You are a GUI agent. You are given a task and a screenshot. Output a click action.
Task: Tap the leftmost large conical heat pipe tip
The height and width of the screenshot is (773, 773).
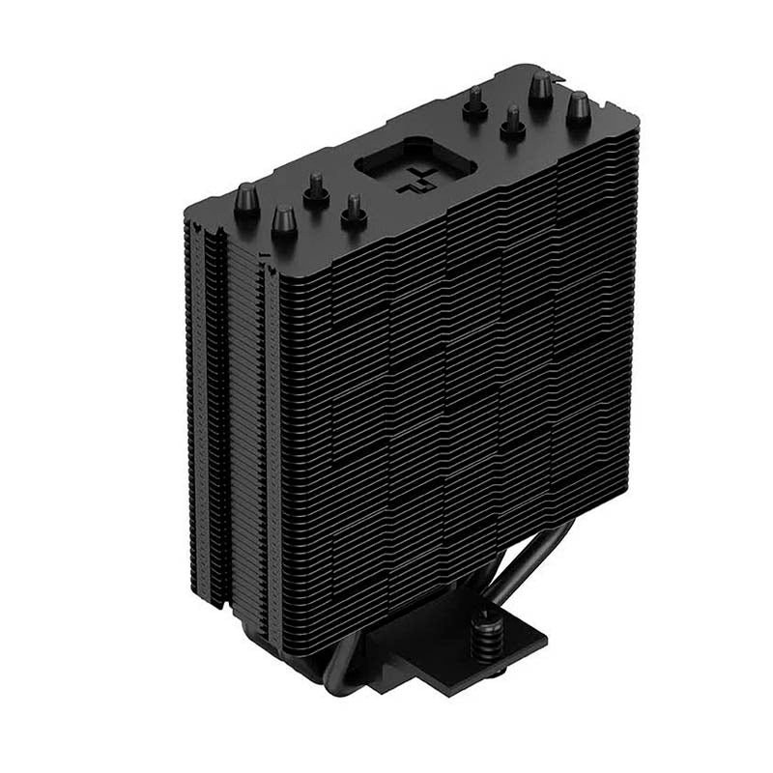(x=246, y=198)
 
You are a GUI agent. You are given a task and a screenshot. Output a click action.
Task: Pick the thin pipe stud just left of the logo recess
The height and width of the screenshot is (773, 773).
(x=354, y=210)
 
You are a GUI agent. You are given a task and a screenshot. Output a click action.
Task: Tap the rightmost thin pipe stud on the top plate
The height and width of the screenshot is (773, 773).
(x=512, y=121)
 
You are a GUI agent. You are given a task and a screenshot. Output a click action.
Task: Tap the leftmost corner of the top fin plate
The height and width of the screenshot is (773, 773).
(x=186, y=208)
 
